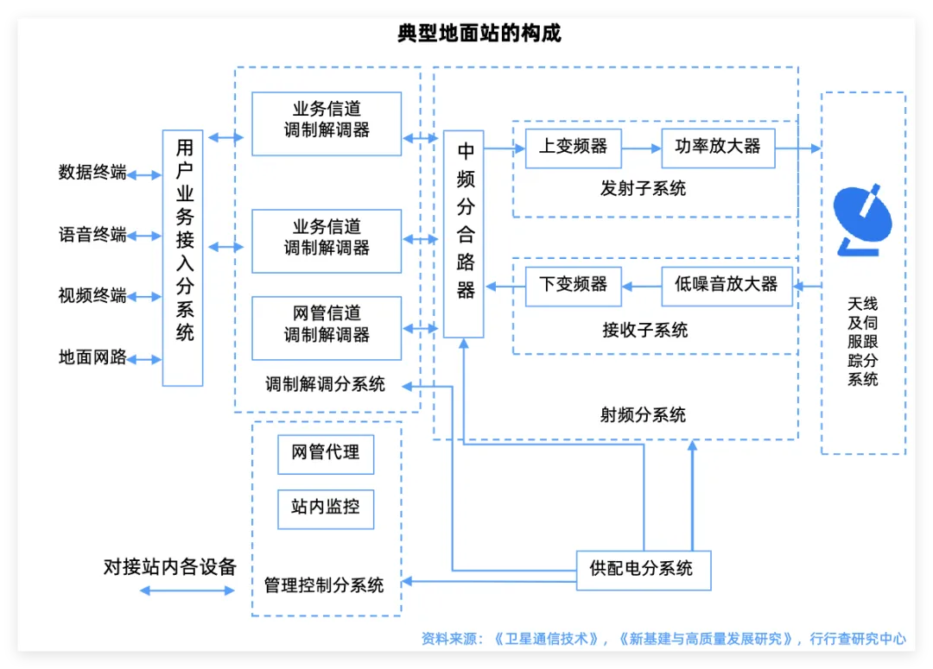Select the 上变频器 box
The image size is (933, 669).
574,148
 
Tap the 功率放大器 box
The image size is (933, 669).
718,148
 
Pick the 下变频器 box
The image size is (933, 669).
574,286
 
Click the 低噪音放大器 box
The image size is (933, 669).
727,286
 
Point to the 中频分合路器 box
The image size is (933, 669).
464,234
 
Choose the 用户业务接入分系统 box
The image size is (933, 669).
183,257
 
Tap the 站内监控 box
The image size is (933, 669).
326,508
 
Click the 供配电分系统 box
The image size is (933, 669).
643,570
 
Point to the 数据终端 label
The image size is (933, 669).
92,173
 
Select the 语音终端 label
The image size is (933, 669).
92,235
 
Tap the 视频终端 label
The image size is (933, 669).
92,296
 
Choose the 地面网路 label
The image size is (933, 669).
92,357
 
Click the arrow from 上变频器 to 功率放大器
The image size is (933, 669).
641,148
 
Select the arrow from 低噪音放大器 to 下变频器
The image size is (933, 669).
641,286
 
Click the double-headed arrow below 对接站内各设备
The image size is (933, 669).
187,590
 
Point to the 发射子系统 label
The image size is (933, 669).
643,189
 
